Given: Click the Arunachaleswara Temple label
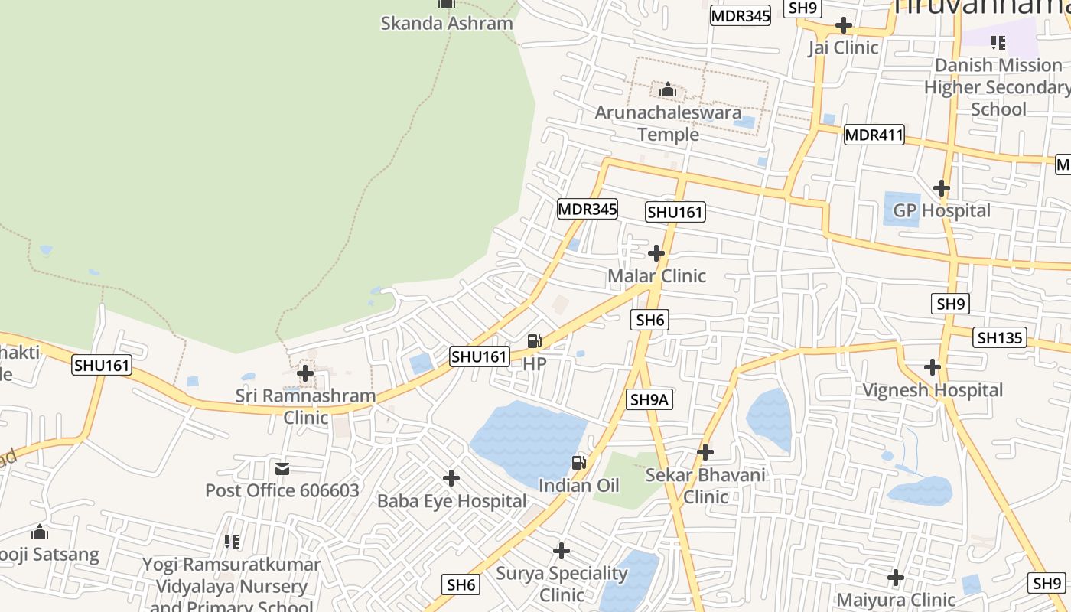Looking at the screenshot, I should pyautogui.click(x=668, y=123).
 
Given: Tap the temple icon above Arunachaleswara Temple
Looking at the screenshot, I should pyautogui.click(x=668, y=91).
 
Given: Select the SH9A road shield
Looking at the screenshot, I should pyautogui.click(x=650, y=399).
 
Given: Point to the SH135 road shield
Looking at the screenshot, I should pyautogui.click(x=1000, y=337).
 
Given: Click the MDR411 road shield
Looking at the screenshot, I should pyautogui.click(x=874, y=135).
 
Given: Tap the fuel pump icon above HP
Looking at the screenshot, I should pyautogui.click(x=534, y=341).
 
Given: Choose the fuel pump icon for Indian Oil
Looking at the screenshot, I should pyautogui.click(x=579, y=462).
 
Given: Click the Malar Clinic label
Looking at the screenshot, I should pyautogui.click(x=656, y=275).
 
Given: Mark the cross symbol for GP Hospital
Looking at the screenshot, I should pyautogui.click(x=942, y=187).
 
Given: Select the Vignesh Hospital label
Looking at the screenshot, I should pyautogui.click(x=932, y=390).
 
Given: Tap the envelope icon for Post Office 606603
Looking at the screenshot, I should pyautogui.click(x=282, y=468).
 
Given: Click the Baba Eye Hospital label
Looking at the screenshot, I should pyautogui.click(x=451, y=501).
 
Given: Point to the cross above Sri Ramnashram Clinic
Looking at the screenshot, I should pyautogui.click(x=305, y=373).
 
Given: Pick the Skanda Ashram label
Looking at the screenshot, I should pyautogui.click(x=447, y=23).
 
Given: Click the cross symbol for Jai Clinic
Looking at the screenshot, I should pyautogui.click(x=843, y=25).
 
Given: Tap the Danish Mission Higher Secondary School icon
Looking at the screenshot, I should pyautogui.click(x=998, y=43).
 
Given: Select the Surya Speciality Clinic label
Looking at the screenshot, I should pyautogui.click(x=562, y=584).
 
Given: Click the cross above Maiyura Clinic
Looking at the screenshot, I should pyautogui.click(x=896, y=577).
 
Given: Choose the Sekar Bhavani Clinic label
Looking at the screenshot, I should pyautogui.click(x=705, y=486).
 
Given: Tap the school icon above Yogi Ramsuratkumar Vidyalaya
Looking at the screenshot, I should pyautogui.click(x=232, y=542).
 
